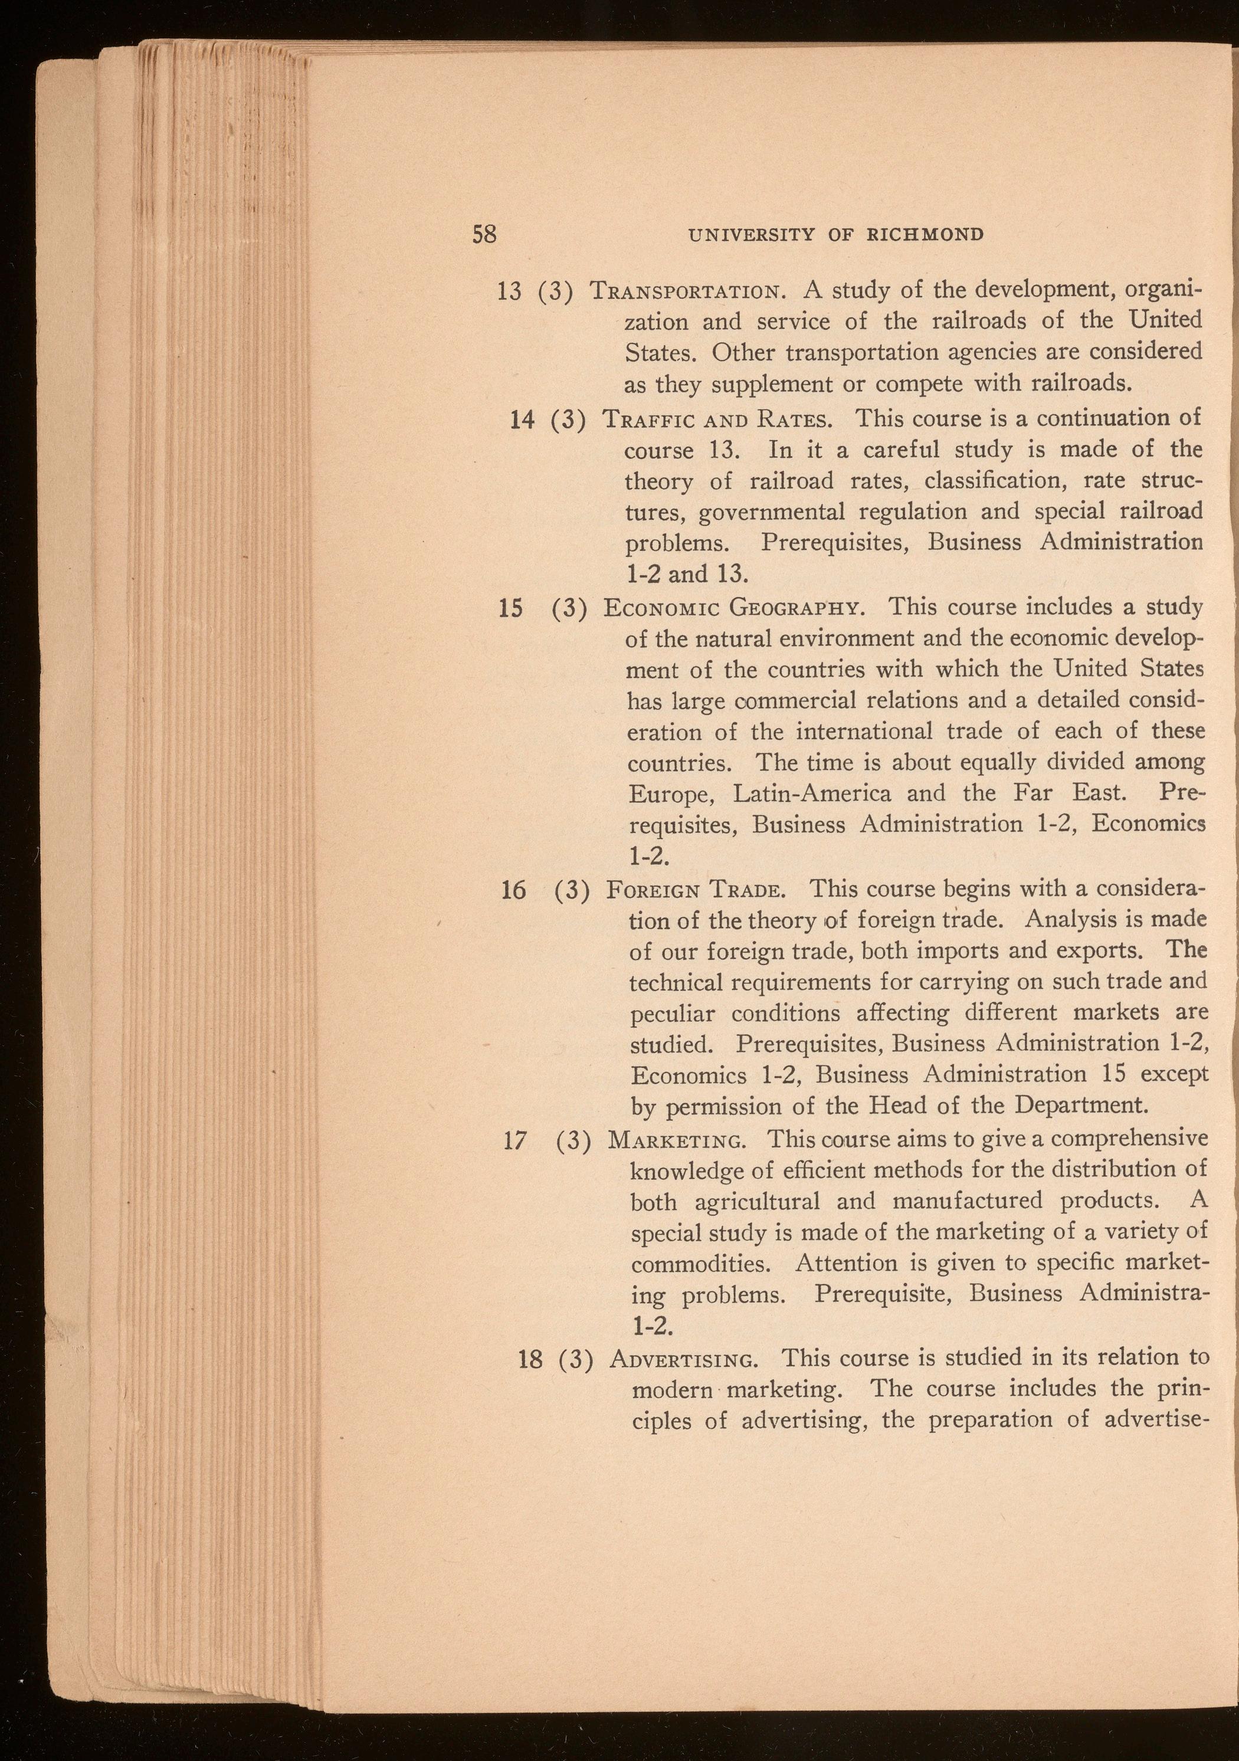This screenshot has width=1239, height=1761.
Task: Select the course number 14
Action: (523, 420)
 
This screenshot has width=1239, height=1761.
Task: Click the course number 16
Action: (513, 890)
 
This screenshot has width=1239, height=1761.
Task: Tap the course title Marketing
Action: (675, 1140)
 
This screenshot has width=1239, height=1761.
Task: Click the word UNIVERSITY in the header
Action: (751, 234)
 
